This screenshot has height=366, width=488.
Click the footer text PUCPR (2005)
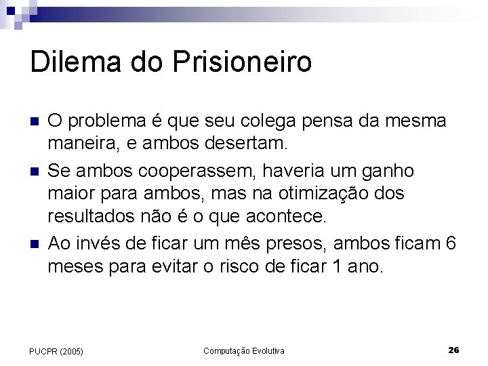click(56, 351)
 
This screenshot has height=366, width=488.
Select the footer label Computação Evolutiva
click(244, 350)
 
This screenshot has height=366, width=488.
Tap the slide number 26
click(454, 350)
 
